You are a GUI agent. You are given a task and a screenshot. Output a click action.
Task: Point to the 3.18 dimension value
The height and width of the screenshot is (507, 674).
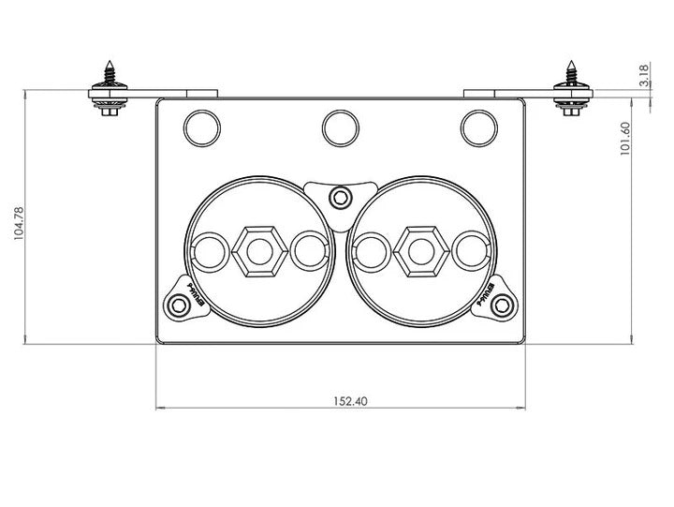point(645,76)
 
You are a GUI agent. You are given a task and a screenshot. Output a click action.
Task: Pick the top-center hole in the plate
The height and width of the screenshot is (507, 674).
point(341,127)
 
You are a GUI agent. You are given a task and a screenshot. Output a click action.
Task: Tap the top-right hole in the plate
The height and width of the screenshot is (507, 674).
point(479,127)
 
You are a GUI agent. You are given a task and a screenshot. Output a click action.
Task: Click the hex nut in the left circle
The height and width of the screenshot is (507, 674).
point(257,252)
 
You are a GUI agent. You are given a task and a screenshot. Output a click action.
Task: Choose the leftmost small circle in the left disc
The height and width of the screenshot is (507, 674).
point(209,252)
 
